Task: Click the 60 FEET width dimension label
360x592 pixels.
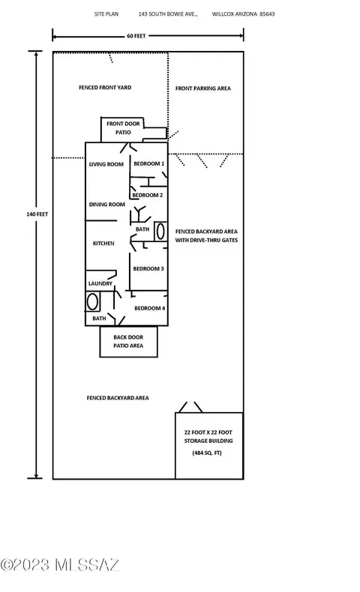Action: [136, 36]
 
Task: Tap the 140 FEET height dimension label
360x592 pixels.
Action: [37, 214]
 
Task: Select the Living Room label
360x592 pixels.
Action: [106, 164]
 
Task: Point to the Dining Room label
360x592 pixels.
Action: [107, 205]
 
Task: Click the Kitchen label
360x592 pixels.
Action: [103, 244]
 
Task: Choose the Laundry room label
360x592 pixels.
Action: [100, 283]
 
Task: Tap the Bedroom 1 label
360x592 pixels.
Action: [148, 163]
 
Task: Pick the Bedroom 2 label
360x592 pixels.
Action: [147, 195]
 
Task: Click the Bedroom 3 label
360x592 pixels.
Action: [148, 269]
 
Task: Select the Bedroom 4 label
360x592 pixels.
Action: [149, 308]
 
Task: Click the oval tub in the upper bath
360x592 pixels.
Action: [160, 231]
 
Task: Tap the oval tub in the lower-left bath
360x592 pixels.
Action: [92, 302]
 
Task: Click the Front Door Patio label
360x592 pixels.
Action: [123, 128]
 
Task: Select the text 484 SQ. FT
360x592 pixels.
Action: [207, 453]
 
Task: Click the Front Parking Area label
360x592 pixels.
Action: [202, 88]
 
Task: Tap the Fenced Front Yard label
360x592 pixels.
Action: [105, 87]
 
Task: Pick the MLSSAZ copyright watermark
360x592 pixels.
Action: [60, 565]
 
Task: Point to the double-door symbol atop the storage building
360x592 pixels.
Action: [190, 407]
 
